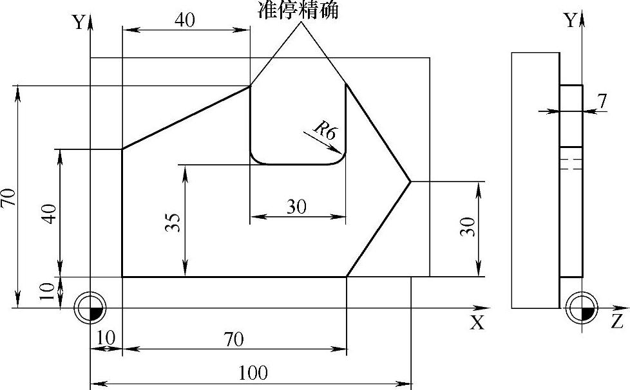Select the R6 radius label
click(x=325, y=131)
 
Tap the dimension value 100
click(x=253, y=373)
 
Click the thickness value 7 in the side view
click(x=602, y=101)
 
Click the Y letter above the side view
click(x=570, y=21)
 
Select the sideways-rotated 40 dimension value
click(x=53, y=212)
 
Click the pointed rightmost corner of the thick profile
click(x=410, y=181)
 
